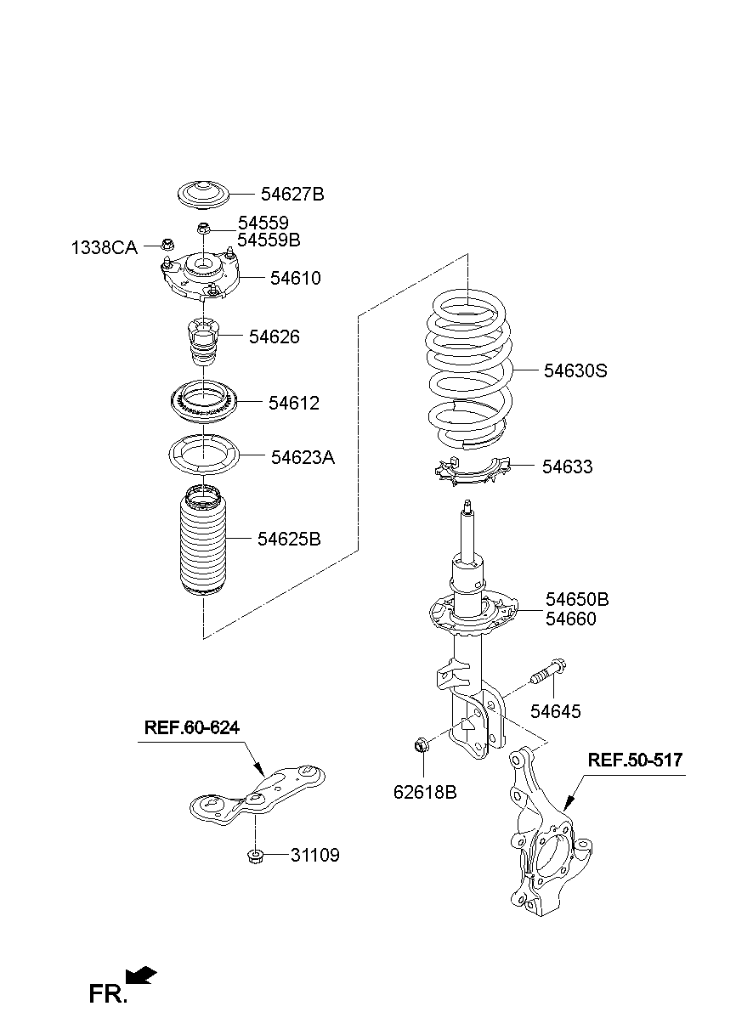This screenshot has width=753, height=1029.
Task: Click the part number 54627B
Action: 292,195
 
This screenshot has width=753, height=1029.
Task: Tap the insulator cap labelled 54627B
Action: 203,195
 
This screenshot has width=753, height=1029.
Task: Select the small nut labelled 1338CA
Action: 167,244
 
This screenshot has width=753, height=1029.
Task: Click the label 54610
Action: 296,278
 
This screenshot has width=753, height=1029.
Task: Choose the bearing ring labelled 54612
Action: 203,402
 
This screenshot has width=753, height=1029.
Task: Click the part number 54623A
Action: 303,457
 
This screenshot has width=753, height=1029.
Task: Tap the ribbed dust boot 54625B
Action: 203,541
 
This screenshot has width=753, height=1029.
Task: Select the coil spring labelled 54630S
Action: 470,370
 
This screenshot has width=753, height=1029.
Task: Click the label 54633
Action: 568,466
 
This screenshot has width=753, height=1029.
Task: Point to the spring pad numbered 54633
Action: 473,472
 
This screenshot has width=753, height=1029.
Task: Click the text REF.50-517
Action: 636,760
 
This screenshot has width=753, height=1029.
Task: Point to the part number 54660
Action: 570,619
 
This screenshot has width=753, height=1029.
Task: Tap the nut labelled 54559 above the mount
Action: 203,228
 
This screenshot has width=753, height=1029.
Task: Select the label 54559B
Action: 269,240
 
